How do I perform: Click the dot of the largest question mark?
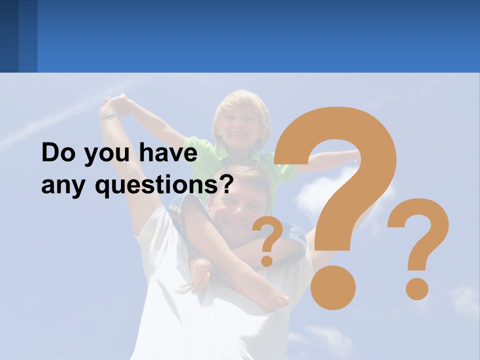pos(333,287)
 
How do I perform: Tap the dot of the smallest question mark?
pos(267,260)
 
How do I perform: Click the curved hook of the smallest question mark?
pos(268,232)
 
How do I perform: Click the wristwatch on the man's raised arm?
pos(108,114)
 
